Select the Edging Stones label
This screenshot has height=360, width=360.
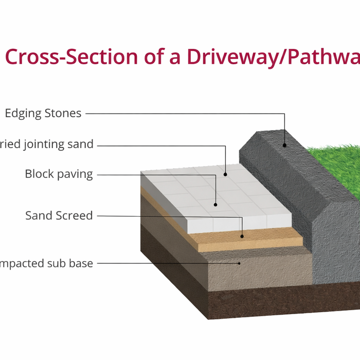point(43,114)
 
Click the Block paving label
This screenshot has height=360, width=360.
point(59,174)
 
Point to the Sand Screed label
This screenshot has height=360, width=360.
point(59,215)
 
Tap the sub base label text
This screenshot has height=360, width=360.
point(47,264)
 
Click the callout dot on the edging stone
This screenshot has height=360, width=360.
point(284,145)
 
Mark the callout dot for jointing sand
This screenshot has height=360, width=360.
point(226,175)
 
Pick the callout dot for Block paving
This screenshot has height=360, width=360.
point(215,205)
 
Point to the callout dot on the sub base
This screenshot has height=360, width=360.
point(240,263)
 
